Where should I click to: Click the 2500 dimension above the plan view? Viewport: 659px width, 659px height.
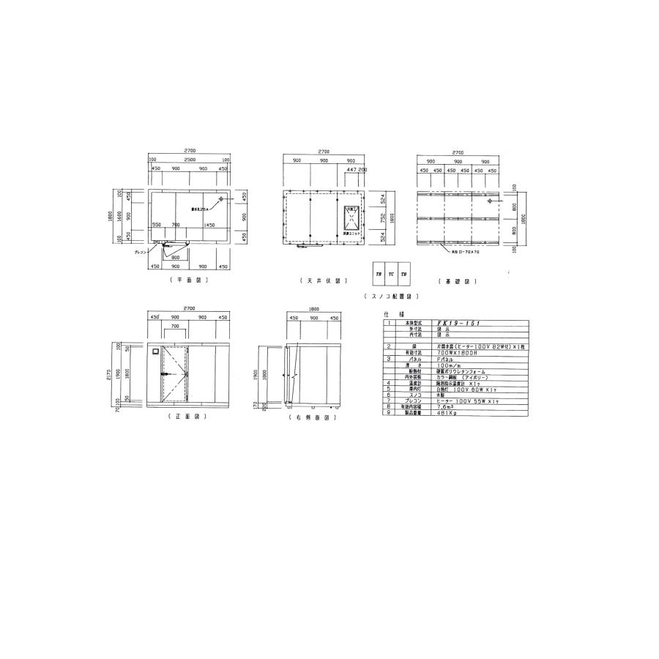click(189, 159)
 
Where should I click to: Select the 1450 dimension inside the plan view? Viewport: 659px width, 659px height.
click(209, 225)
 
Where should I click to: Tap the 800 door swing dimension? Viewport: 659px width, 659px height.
click(176, 257)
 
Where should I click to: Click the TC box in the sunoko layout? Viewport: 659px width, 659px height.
click(391, 273)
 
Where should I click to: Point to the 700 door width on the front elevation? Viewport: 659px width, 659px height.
click(175, 325)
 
